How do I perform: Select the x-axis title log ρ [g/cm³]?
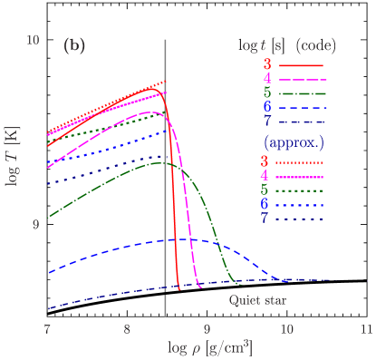209,347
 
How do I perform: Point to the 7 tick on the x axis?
46,327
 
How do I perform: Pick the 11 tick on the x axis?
365,327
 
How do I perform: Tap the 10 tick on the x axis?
286,327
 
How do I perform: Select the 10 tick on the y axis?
33,42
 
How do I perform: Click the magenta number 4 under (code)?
266,79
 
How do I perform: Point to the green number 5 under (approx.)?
266,190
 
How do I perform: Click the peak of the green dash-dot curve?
160,163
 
